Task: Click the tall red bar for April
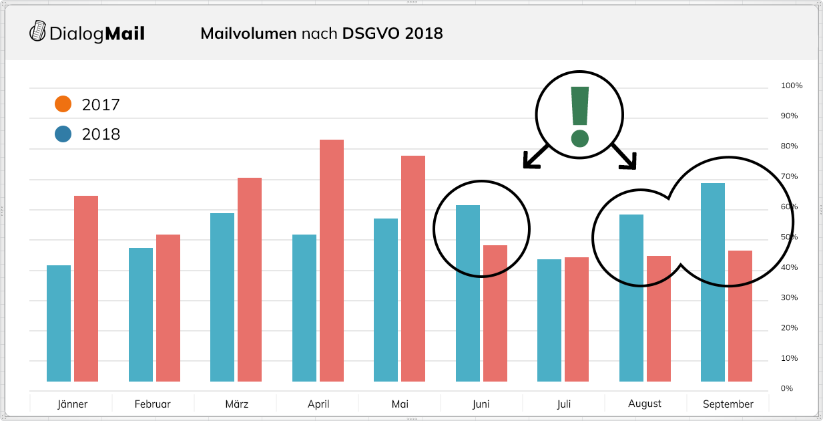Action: pos(332,261)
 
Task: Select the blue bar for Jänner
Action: pos(59,323)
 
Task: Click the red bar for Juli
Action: pos(577,319)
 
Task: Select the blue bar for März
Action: pos(222,297)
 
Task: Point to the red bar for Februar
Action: pos(168,308)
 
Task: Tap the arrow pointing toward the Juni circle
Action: pos(535,156)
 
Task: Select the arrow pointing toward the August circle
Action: pos(625,156)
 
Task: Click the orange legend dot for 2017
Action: pos(63,104)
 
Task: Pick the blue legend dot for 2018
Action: pos(63,134)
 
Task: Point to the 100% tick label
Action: pos(792,86)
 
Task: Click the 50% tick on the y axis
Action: pos(790,237)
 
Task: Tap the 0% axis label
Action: pos(788,388)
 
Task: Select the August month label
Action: pos(645,404)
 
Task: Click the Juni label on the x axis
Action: pos(481,404)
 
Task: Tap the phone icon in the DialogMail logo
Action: pos(38,31)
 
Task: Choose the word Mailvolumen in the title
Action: pos(248,33)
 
